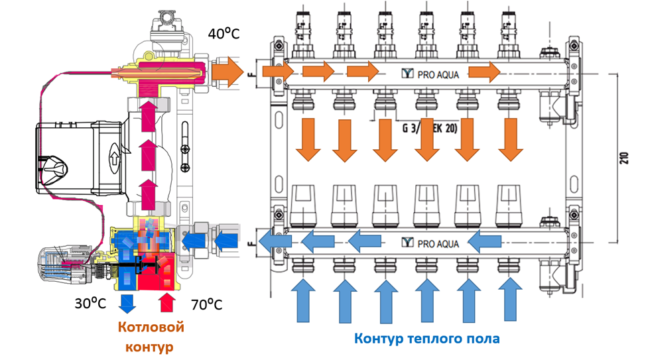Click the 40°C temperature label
point(224,33)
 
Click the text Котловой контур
point(151,336)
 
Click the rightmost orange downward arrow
point(509,139)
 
